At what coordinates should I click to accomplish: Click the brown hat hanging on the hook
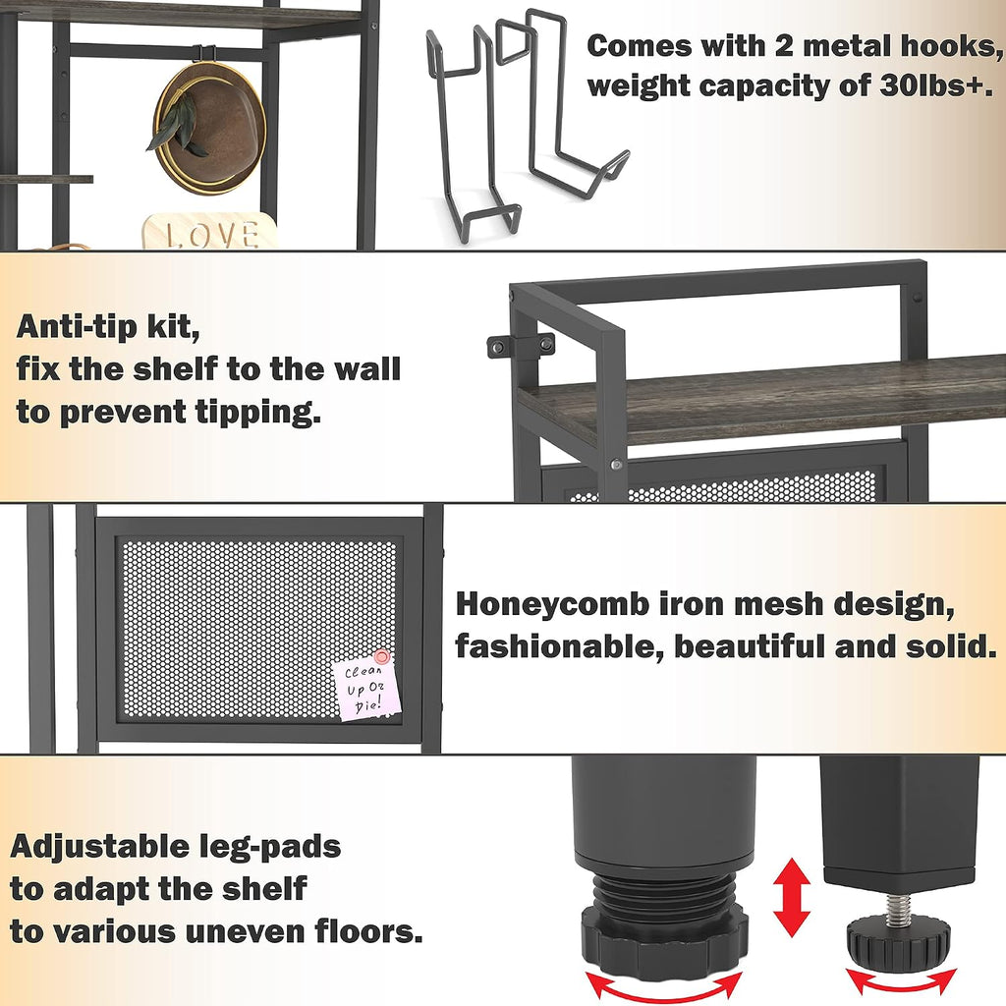pyautogui.click(x=212, y=129)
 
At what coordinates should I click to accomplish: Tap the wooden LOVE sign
pyautogui.click(x=210, y=232)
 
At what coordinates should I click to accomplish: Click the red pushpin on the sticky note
pyautogui.click(x=382, y=657)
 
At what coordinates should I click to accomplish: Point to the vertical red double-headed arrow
pyautogui.click(x=792, y=897)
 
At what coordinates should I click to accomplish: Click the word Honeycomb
pyautogui.click(x=552, y=604)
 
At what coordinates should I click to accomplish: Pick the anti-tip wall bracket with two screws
pyautogui.click(x=521, y=346)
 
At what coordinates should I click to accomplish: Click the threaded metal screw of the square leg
pyautogui.click(x=898, y=906)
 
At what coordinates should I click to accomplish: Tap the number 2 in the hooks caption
pyautogui.click(x=784, y=47)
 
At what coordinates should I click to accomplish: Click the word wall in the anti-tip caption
pyautogui.click(x=365, y=369)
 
